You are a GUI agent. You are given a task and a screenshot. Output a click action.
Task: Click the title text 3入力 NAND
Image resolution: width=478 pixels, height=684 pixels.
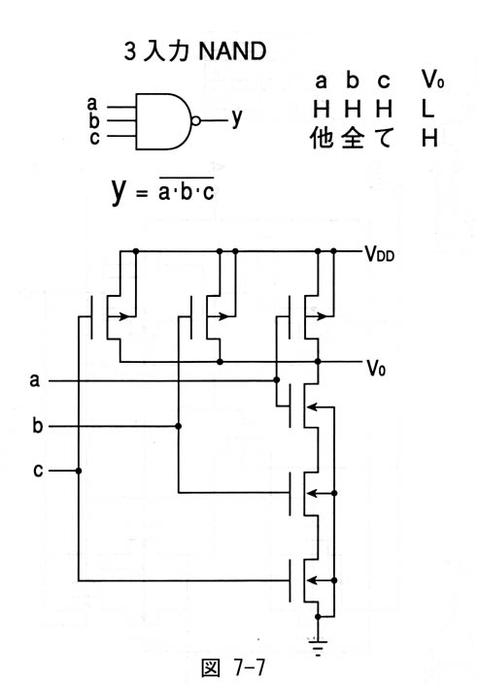pyautogui.click(x=195, y=51)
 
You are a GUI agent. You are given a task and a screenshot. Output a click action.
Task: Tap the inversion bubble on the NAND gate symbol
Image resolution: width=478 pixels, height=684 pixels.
pyautogui.click(x=196, y=121)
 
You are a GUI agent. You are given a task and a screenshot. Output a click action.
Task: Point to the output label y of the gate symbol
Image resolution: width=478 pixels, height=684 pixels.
pyautogui.click(x=236, y=117)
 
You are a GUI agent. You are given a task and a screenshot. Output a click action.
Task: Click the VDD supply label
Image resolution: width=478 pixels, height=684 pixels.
pyautogui.click(x=379, y=253)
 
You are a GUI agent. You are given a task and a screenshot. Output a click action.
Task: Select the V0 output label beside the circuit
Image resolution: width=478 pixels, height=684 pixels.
pyautogui.click(x=376, y=369)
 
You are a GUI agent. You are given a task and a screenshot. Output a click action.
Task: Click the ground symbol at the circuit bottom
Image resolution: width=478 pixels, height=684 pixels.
pyautogui.click(x=318, y=648)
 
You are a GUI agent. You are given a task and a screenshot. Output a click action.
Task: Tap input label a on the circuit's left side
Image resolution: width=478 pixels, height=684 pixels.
pyautogui.click(x=35, y=380)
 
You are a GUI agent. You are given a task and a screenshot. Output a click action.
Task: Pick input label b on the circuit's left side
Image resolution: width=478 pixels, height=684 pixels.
pyautogui.click(x=38, y=425)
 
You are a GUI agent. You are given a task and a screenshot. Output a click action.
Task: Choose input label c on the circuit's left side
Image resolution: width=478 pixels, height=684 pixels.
pyautogui.click(x=38, y=471)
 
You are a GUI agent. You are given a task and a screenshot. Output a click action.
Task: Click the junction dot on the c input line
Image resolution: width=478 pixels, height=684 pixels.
pyautogui.click(x=79, y=471)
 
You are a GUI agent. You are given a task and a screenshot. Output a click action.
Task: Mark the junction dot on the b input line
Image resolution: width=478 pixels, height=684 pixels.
pyautogui.click(x=178, y=426)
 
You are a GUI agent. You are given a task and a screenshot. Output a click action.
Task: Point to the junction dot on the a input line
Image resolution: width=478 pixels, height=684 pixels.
pyautogui.click(x=277, y=380)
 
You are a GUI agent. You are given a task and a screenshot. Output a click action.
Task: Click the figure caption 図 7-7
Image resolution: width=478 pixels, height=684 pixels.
pyautogui.click(x=233, y=668)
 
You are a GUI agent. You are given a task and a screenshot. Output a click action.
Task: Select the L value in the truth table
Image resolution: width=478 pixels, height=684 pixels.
pyautogui.click(x=427, y=109)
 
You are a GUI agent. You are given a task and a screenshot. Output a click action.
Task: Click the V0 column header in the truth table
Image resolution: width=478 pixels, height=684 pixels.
pyautogui.click(x=432, y=79)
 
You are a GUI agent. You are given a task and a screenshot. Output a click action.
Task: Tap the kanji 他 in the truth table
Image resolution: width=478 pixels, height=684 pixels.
pyautogui.click(x=322, y=139)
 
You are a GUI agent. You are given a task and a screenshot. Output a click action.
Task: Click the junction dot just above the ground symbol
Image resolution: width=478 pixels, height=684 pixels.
pyautogui.click(x=318, y=617)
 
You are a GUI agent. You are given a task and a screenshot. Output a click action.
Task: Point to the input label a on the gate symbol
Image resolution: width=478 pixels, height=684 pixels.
pyautogui.click(x=91, y=104)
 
